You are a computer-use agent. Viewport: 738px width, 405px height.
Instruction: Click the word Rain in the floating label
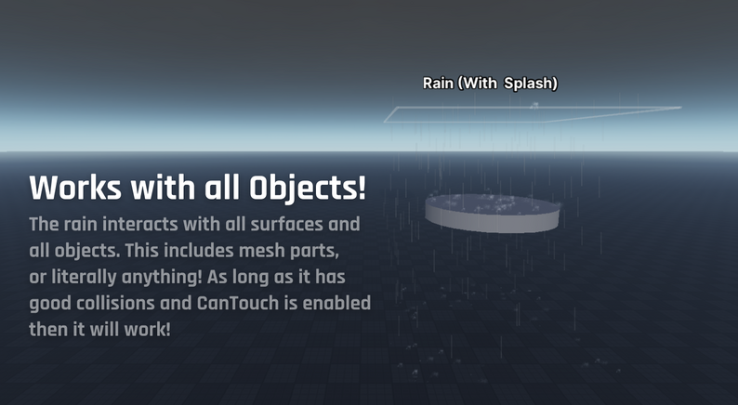[438, 84]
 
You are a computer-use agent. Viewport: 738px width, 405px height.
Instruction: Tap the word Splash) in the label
[531, 84]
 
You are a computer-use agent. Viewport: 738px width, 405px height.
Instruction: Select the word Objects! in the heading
[308, 189]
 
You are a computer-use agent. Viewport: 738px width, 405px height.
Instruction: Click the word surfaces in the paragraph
[286, 224]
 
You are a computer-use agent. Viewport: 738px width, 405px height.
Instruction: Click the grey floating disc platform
[493, 213]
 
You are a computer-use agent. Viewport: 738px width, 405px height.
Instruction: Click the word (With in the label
[477, 84]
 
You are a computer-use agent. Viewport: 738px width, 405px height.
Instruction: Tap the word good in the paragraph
[50, 304]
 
